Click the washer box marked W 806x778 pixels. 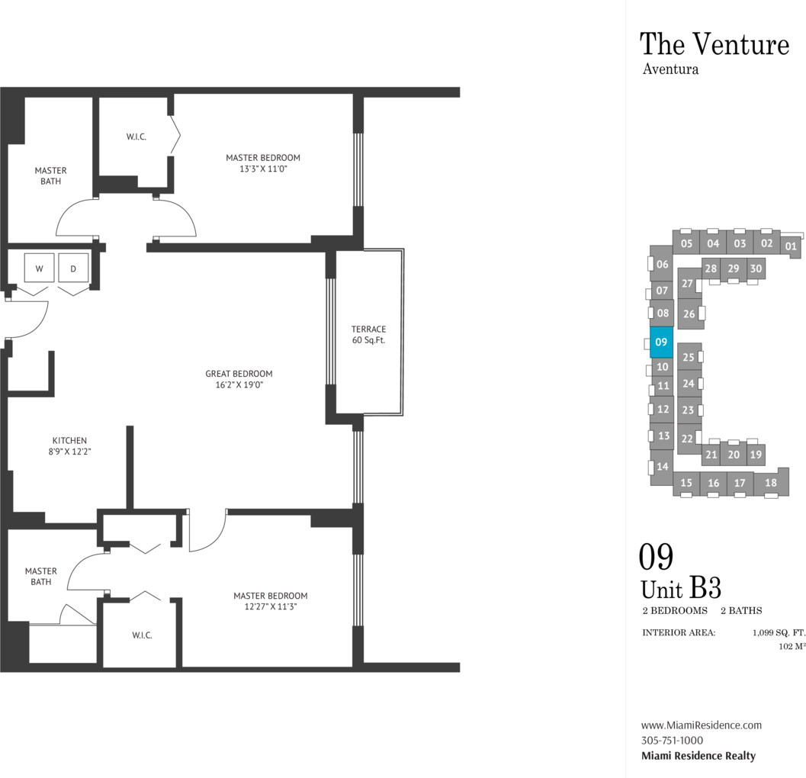pos(39,268)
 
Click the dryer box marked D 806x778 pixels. pos(73,268)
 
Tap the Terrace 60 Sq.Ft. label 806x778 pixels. pos(368,334)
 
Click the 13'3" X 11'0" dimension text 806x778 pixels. pos(263,169)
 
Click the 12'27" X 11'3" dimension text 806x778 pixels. pos(271,607)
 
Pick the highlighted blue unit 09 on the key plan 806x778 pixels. pos(662,342)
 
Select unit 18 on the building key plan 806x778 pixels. pos(770,482)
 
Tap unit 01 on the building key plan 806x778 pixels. pos(791,246)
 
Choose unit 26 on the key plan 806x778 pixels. pos(689,313)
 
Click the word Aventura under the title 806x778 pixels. pos(670,69)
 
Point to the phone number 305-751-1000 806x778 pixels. pos(672,741)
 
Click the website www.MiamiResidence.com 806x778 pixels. pos(701,725)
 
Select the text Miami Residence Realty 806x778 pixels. pos(698,756)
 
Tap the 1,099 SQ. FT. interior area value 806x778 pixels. pos(779,632)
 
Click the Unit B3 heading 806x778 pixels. pos(681,588)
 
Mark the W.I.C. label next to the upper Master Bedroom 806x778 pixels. pos(136,137)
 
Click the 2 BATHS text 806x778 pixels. pos(741,610)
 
